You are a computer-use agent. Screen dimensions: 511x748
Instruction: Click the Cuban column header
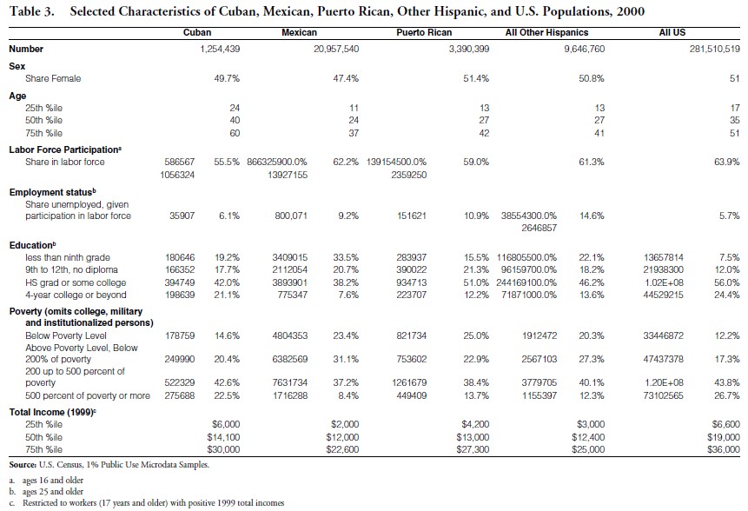pos(197,32)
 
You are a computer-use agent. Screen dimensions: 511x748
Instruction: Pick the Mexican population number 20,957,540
pos(335,49)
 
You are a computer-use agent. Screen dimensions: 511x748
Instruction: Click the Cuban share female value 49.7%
pos(227,78)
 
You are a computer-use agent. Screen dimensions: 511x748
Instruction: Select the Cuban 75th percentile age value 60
pos(234,133)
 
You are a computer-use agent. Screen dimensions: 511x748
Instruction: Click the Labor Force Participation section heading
pos(64,149)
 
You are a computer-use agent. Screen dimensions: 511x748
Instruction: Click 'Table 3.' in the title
pos(33,11)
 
